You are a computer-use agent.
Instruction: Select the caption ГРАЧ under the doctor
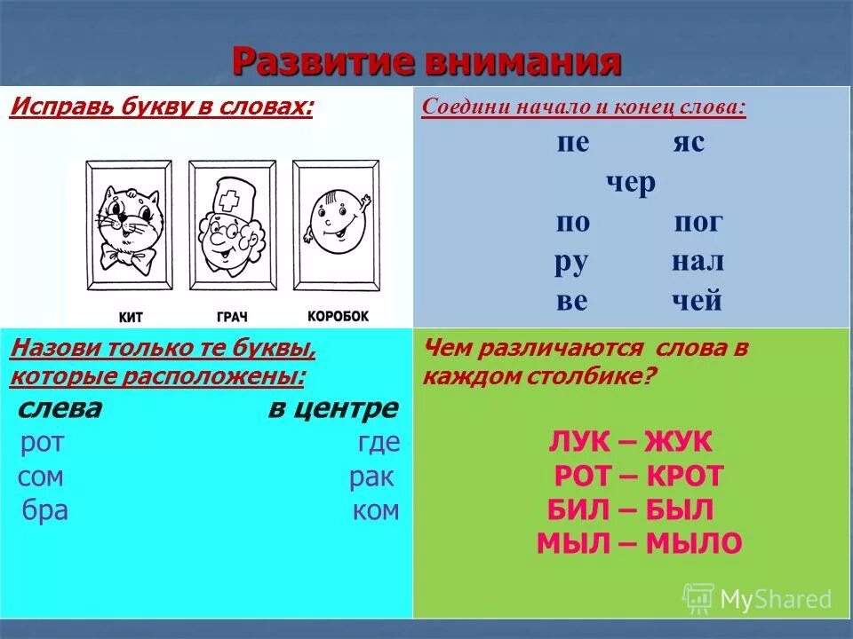coord(232,315)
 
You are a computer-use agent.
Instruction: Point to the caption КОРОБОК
coord(337,315)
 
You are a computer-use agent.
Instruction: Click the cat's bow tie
coord(130,257)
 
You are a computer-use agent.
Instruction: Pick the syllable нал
coord(697,261)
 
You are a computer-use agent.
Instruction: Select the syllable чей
coord(697,301)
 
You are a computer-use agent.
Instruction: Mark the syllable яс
coord(688,142)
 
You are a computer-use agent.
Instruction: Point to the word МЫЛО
coord(696,544)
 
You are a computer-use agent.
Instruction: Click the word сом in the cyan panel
coord(41,477)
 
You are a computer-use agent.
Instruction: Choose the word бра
coord(46,511)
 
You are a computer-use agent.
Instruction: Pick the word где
coord(379,443)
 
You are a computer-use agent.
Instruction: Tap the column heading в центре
coord(333,409)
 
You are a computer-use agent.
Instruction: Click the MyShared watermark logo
coord(698,599)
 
